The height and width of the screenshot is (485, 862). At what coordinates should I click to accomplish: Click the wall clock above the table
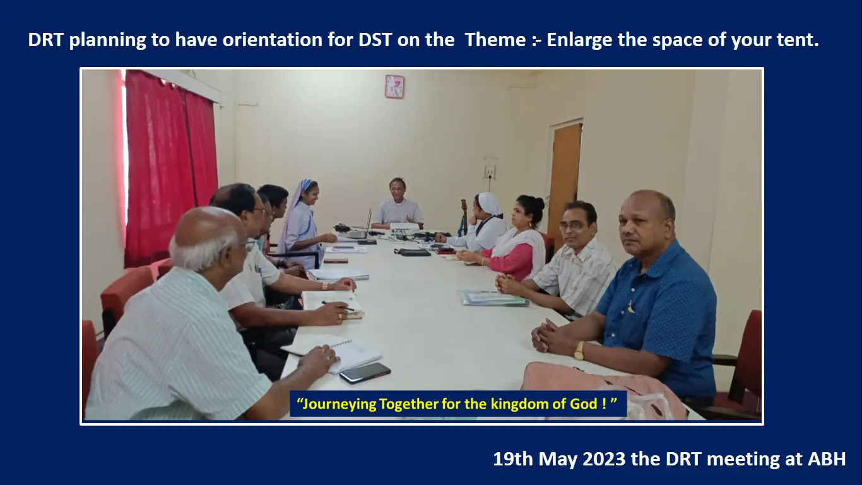[x=394, y=87]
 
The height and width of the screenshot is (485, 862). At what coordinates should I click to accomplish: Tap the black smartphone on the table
[x=365, y=373]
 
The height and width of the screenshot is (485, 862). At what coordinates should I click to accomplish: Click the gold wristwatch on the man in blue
[x=579, y=350]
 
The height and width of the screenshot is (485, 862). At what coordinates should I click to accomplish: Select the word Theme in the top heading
[x=495, y=40]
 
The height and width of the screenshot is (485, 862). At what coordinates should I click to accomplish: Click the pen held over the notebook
[x=338, y=306]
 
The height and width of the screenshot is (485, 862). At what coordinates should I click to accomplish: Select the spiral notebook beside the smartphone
[x=339, y=354]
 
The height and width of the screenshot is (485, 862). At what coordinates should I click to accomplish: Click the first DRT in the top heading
[x=45, y=40]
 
